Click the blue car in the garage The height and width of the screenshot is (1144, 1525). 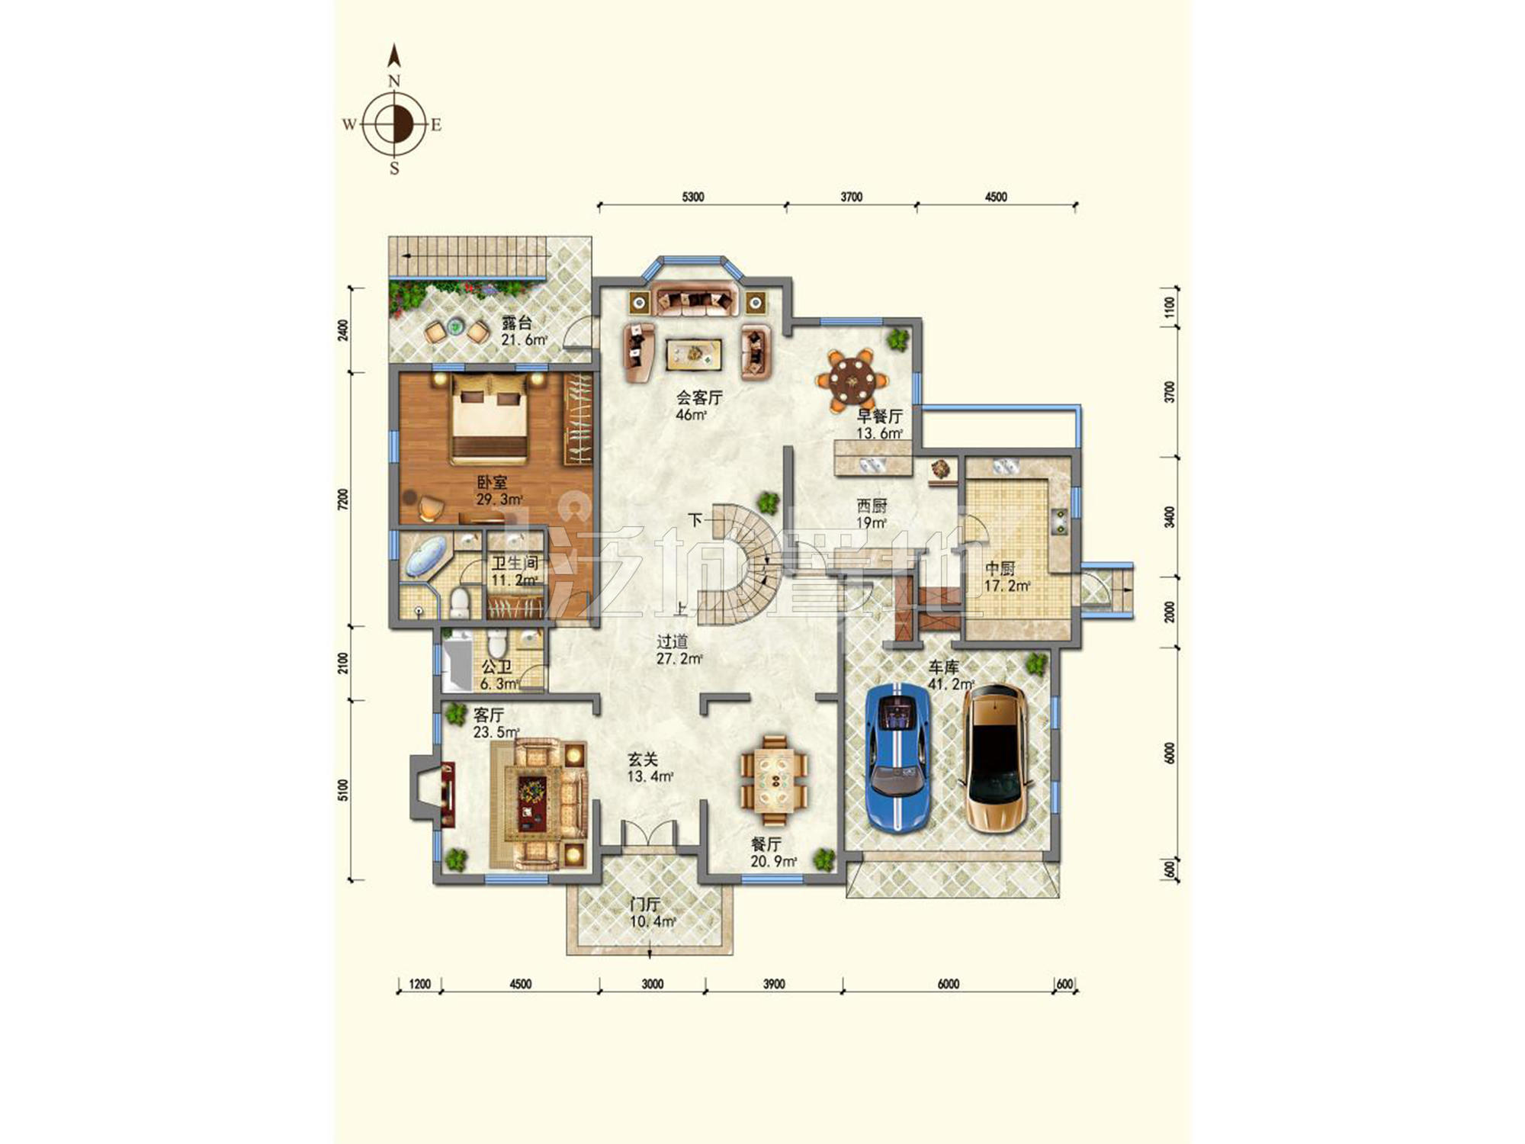coord(898,757)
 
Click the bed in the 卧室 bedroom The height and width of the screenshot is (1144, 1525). coord(489,419)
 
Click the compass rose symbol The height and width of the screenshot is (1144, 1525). coord(394,124)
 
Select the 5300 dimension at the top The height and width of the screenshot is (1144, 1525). coord(692,197)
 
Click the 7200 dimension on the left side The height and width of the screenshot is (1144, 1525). coord(343,500)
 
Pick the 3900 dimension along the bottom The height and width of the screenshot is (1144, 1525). coord(773,984)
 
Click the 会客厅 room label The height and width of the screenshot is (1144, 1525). coord(699,397)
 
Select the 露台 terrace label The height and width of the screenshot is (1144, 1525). coord(516,323)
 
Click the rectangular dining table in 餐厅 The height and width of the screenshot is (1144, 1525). coord(775,779)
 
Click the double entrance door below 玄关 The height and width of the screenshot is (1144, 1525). coord(649,833)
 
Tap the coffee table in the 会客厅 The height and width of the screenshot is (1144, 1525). coord(693,353)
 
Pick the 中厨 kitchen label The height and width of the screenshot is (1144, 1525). coord(1000,569)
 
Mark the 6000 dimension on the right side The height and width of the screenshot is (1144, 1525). coord(1170,753)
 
